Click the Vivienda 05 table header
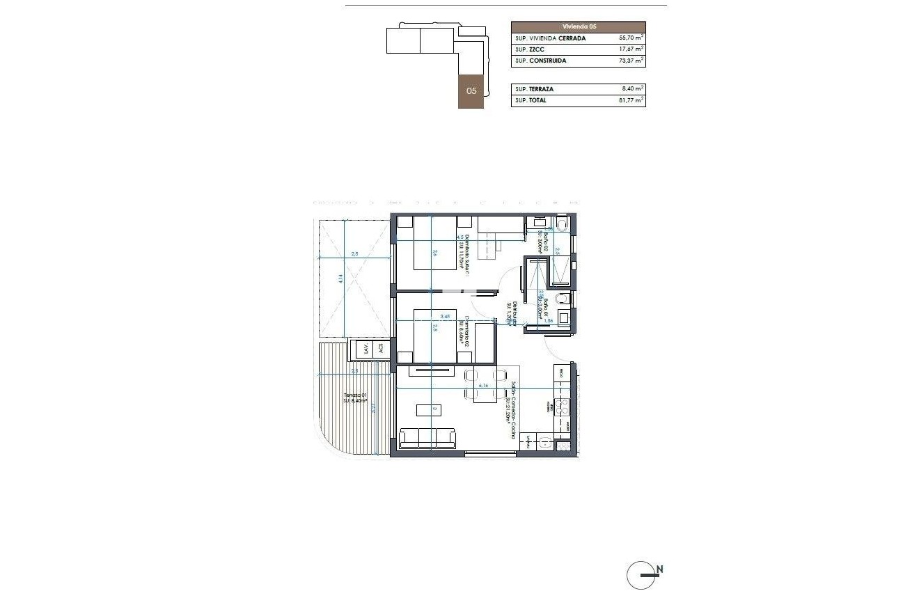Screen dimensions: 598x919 click(578, 26)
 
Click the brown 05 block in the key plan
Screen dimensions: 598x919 click(471, 91)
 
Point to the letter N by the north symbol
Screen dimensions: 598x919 click(659, 569)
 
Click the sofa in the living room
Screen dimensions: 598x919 click(427, 438)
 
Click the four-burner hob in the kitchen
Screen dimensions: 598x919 click(562, 405)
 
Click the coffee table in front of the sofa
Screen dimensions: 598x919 click(424, 409)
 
